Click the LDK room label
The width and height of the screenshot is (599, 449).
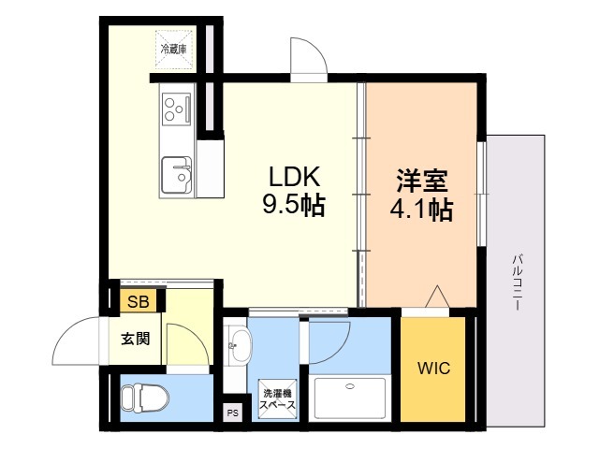point(294,177)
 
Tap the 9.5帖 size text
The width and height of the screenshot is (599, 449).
point(293,206)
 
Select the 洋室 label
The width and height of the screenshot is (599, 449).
point(422,181)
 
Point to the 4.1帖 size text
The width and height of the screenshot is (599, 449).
point(421,210)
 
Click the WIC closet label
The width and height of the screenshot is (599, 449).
point(433,369)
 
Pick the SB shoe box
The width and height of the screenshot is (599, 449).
point(139,300)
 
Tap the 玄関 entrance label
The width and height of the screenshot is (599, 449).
point(135,339)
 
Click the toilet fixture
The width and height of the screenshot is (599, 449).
point(145,398)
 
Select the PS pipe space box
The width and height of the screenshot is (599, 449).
point(233,413)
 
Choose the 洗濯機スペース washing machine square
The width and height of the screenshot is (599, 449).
point(277,399)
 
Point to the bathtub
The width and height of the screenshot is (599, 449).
point(349,398)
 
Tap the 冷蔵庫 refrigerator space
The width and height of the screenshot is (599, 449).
point(174,50)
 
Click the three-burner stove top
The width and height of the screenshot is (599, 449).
point(177,109)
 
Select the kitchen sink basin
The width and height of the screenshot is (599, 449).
point(177,175)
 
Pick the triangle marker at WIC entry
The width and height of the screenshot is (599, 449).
point(437,297)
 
